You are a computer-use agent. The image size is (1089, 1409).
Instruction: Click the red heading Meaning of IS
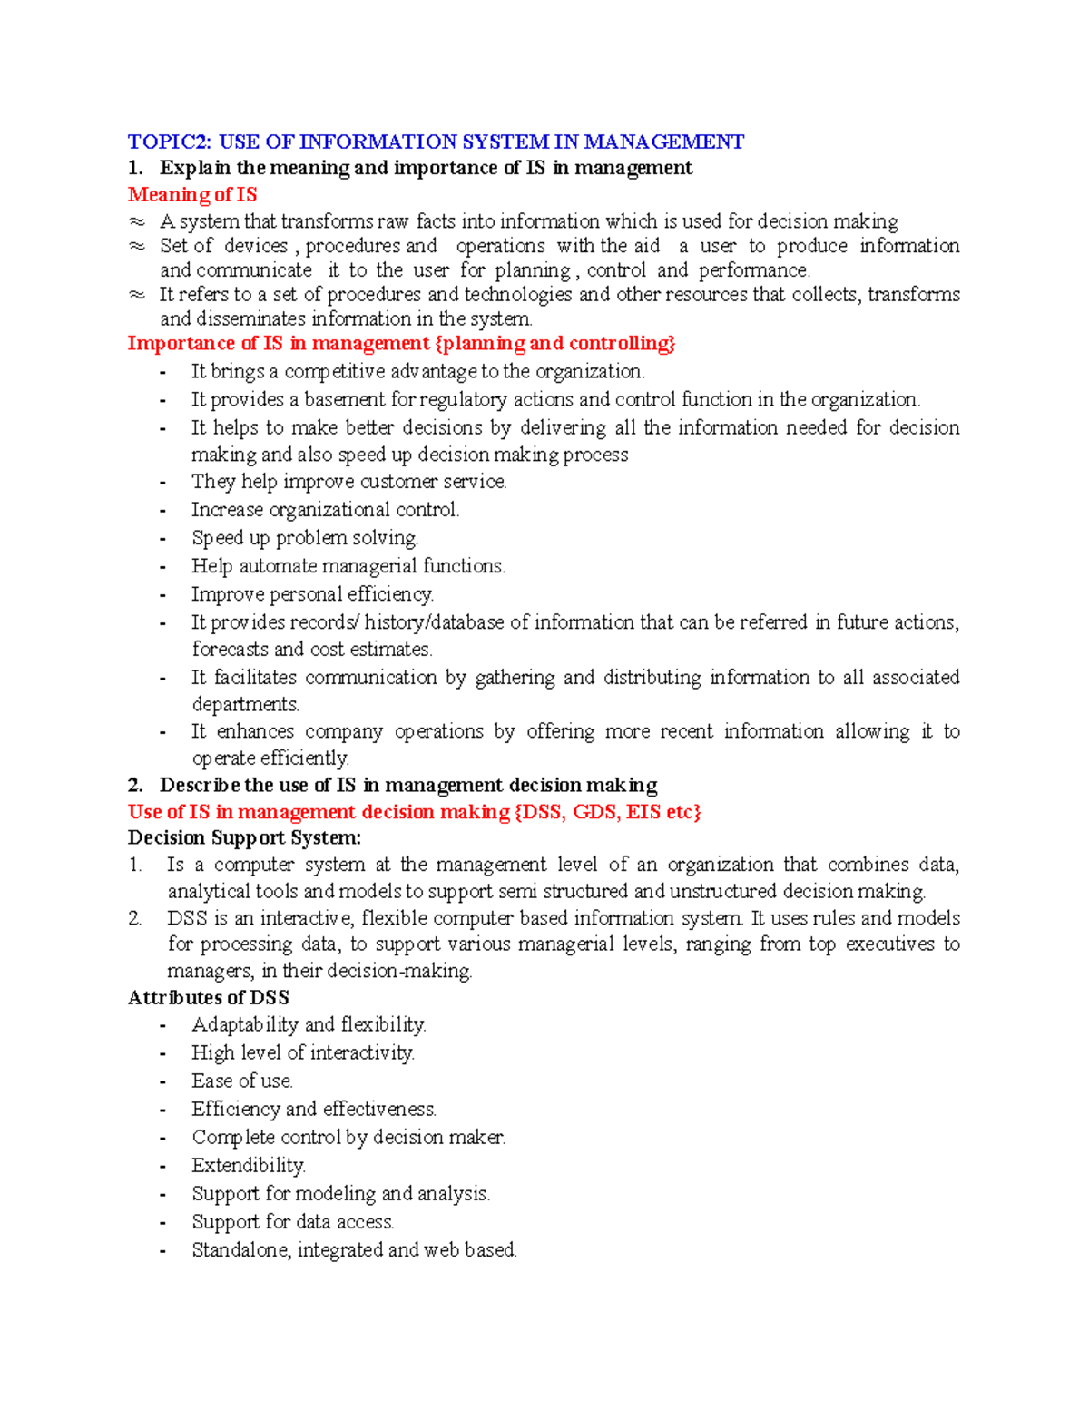(192, 194)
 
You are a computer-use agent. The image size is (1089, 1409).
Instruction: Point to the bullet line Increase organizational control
(325, 510)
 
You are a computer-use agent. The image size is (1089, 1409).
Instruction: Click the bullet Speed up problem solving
(305, 538)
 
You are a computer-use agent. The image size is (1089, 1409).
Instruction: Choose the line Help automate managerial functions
(348, 566)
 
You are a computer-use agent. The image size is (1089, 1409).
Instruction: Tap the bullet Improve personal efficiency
(312, 594)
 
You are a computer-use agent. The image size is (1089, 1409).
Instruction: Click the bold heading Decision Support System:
(244, 837)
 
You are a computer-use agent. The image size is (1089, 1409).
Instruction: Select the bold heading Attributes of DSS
(209, 997)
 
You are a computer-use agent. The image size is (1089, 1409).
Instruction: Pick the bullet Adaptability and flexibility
(309, 1024)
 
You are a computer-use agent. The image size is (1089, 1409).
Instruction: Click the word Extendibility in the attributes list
(248, 1165)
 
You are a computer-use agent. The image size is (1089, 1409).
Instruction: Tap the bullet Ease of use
(241, 1081)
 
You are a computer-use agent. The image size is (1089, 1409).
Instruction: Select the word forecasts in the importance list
(230, 649)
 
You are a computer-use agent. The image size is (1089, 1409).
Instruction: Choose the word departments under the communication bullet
(245, 704)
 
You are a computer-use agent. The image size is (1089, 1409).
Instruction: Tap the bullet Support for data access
(292, 1221)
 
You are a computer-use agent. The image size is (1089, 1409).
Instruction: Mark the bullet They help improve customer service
(348, 482)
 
